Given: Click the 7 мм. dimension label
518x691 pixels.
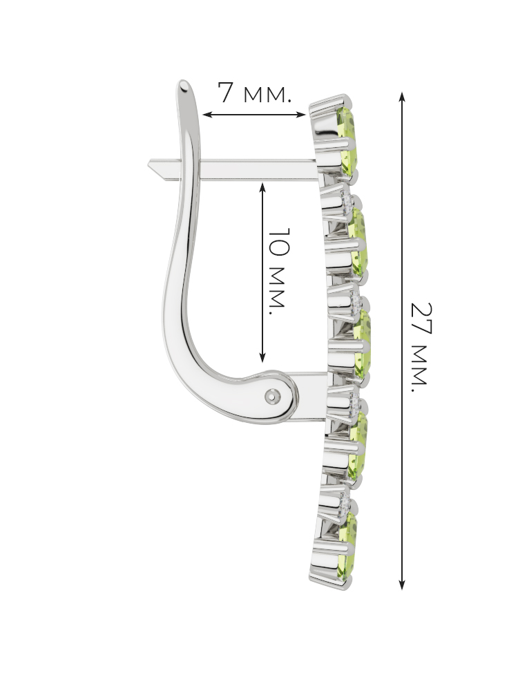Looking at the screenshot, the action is point(254,93).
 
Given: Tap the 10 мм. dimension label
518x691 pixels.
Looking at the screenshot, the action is point(278,271).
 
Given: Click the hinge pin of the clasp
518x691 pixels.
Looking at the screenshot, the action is point(273,397).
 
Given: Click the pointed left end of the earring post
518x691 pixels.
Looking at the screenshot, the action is point(149,164).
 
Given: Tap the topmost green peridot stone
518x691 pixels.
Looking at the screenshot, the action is point(347,140).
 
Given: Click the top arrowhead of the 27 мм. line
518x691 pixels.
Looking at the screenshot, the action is point(402,96).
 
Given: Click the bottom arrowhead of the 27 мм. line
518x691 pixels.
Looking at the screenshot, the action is point(402,585).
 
